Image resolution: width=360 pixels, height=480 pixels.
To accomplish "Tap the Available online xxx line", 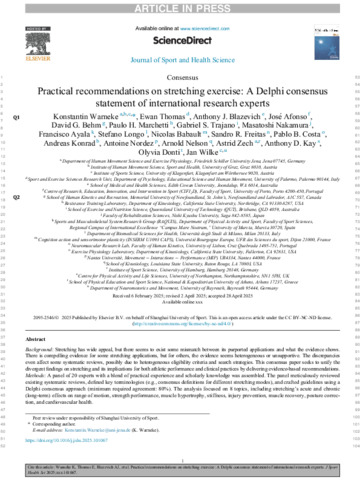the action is [180, 304].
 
